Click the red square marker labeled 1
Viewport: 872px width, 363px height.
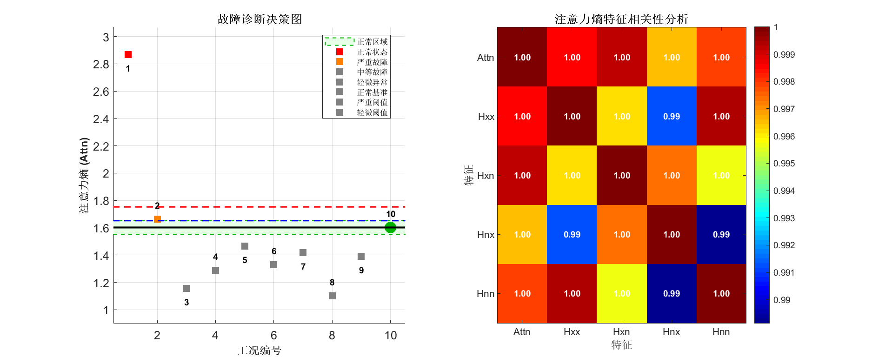pos(128,55)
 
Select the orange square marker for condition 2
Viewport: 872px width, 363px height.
pos(157,219)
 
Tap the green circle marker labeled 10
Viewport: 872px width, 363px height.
pos(390,227)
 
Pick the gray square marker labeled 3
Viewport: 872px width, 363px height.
pos(186,288)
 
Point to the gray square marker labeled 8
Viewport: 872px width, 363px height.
pos(332,296)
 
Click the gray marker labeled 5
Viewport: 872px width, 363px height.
pos(245,246)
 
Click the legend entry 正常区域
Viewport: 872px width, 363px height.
pos(372,42)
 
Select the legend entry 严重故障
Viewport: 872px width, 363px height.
pos(372,62)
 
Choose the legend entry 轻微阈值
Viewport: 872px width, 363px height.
pos(372,112)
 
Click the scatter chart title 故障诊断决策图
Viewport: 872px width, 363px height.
pos(260,19)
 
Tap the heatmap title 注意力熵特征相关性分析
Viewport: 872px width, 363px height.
pos(621,19)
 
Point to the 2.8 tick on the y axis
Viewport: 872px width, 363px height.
pos(101,64)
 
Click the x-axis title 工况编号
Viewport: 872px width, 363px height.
pos(260,350)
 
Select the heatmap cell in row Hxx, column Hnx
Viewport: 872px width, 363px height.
pos(672,116)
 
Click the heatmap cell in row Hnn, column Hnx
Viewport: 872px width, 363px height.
pos(672,293)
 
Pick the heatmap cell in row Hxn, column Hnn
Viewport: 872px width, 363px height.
pos(721,175)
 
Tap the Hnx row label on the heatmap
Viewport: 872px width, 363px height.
pos(486,235)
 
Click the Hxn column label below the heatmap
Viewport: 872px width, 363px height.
pos(621,332)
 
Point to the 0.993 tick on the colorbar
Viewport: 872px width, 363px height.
pos(784,218)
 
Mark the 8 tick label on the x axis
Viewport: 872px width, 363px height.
pos(332,336)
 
